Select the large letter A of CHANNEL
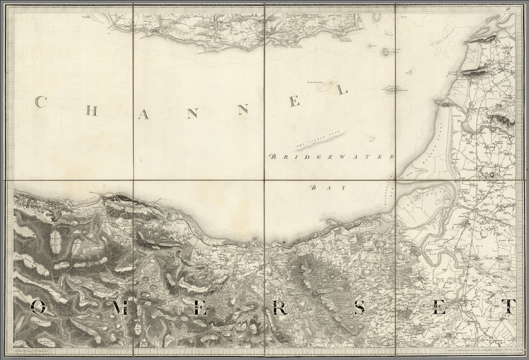(144, 115)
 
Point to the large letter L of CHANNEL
(342, 90)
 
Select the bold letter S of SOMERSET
(360, 307)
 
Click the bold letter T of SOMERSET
(511, 306)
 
